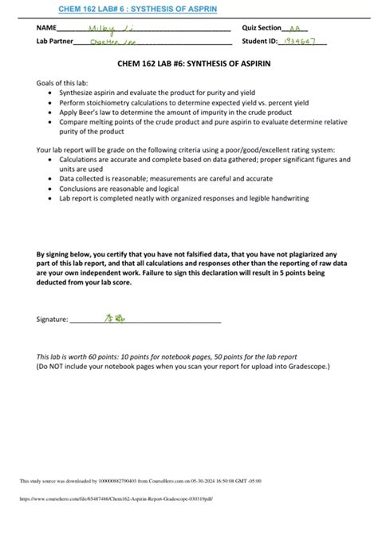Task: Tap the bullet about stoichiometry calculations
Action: [x=185, y=103]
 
